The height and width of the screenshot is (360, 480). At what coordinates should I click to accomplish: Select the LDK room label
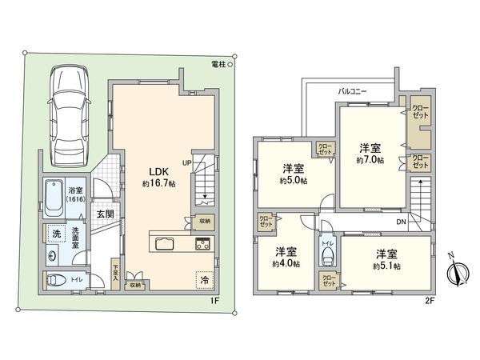155,170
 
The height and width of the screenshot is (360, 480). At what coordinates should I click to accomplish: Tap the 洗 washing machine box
56,234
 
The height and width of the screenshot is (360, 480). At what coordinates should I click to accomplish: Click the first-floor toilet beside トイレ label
58,280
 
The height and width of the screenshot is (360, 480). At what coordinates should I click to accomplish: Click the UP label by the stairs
186,163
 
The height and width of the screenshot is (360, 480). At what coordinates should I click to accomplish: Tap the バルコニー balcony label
351,92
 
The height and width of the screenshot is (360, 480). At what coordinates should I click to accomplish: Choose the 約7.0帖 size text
370,160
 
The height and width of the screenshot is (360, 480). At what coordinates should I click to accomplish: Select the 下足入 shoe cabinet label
116,272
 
